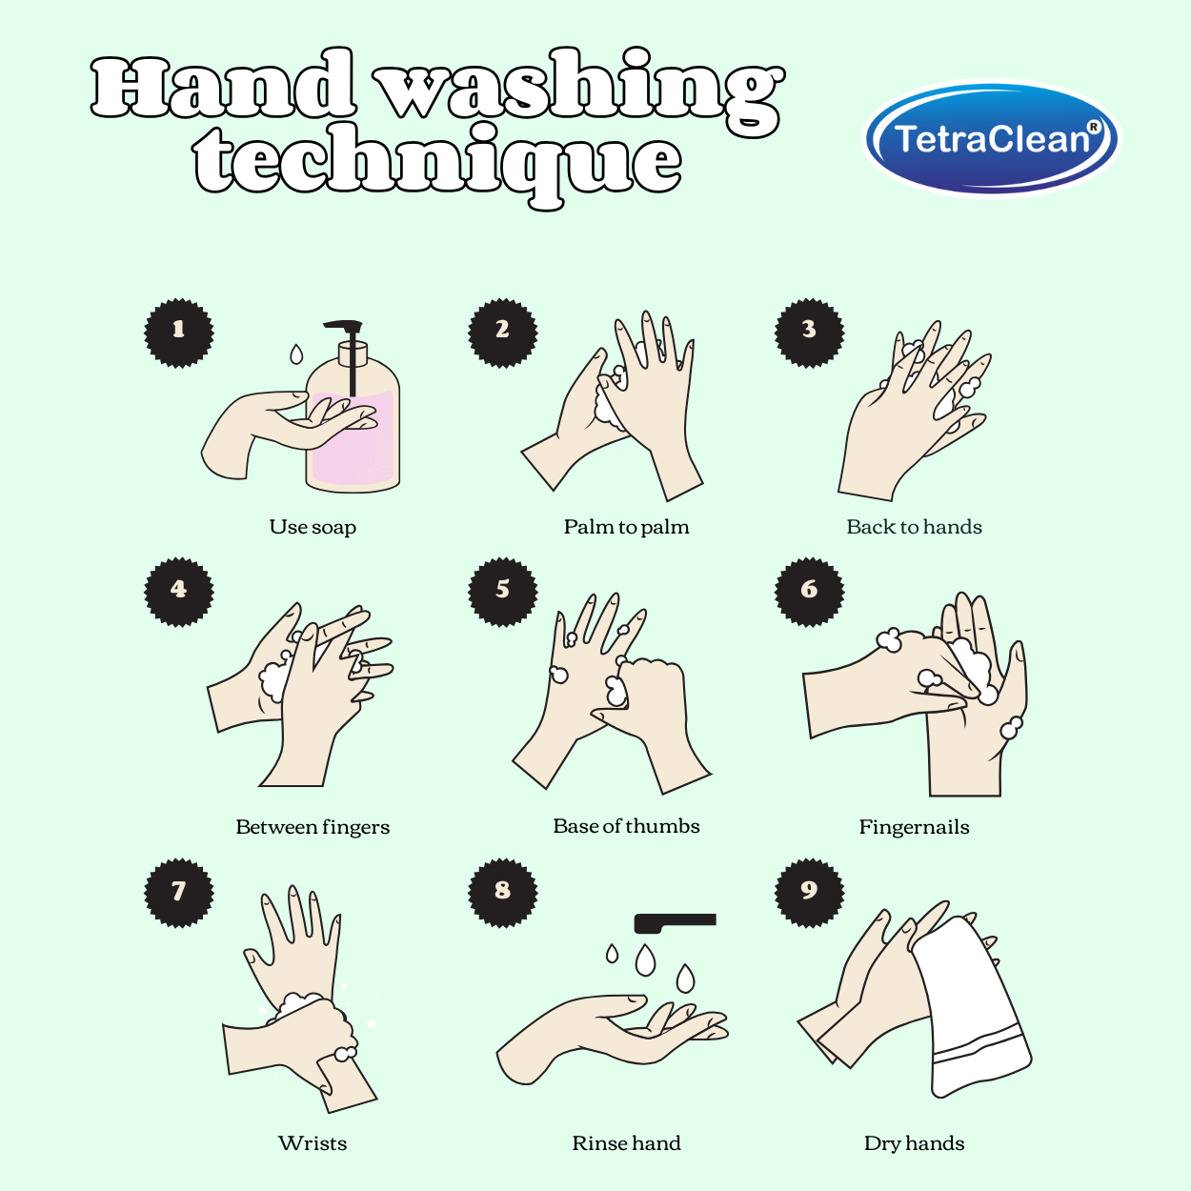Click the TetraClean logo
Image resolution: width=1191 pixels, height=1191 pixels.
(x=991, y=138)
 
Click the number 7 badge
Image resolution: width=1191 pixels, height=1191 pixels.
(x=178, y=893)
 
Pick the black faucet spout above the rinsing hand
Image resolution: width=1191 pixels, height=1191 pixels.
(x=675, y=922)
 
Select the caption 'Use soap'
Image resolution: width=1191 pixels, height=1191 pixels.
(x=313, y=527)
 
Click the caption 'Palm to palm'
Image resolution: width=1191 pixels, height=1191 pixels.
(x=626, y=527)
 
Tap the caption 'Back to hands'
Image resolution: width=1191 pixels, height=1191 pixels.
(x=914, y=527)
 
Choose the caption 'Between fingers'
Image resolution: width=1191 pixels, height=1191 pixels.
(x=313, y=827)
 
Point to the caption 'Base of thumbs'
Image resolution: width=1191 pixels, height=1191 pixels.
(x=626, y=826)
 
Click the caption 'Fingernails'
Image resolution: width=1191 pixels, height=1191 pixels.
(x=914, y=827)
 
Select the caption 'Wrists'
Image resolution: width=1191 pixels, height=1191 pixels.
(x=313, y=1142)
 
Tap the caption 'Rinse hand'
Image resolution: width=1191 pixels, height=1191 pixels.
(x=626, y=1142)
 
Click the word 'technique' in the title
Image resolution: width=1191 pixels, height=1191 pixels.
(x=438, y=162)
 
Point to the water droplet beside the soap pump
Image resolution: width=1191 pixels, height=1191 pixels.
(x=296, y=354)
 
